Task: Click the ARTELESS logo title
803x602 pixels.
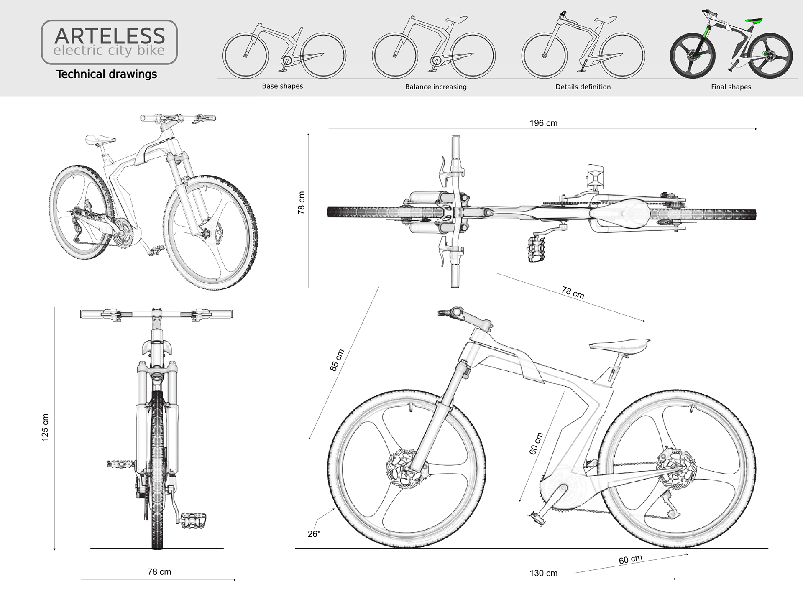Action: point(110,36)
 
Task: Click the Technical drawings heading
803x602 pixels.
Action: point(107,74)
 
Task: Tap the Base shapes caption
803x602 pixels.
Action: point(282,86)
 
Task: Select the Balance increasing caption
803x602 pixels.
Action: point(436,87)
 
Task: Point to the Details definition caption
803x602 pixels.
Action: point(583,87)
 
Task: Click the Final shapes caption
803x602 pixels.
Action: point(731,87)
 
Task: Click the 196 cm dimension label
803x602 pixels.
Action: point(543,123)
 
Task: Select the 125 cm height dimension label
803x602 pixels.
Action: point(45,427)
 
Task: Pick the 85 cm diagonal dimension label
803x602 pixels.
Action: point(337,360)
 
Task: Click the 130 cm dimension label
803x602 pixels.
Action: point(543,573)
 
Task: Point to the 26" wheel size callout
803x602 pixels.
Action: point(314,534)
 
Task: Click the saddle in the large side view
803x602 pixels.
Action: point(619,345)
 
